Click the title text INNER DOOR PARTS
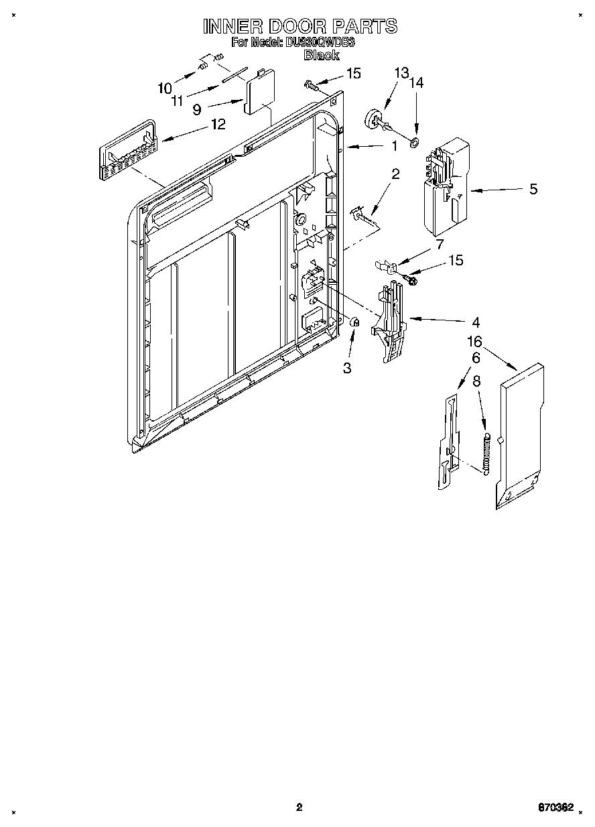click(300, 26)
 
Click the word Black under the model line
click(321, 56)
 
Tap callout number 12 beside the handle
click(218, 124)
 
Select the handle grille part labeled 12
click(127, 152)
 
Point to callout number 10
click(164, 88)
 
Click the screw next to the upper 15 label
click(311, 84)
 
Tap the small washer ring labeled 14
click(415, 141)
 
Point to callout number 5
click(533, 190)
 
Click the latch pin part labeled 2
click(362, 215)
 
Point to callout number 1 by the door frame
click(395, 146)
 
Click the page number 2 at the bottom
click(300, 807)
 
